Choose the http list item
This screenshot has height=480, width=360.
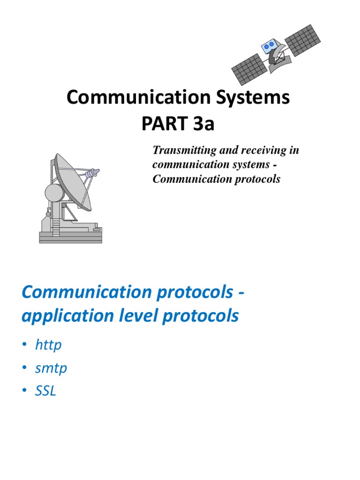click(x=48, y=345)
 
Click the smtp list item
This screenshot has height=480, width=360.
click(x=51, y=368)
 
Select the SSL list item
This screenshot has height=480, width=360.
click(x=45, y=391)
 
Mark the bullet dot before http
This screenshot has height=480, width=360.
click(x=24, y=346)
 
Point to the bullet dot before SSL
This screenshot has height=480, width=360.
click(x=24, y=391)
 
